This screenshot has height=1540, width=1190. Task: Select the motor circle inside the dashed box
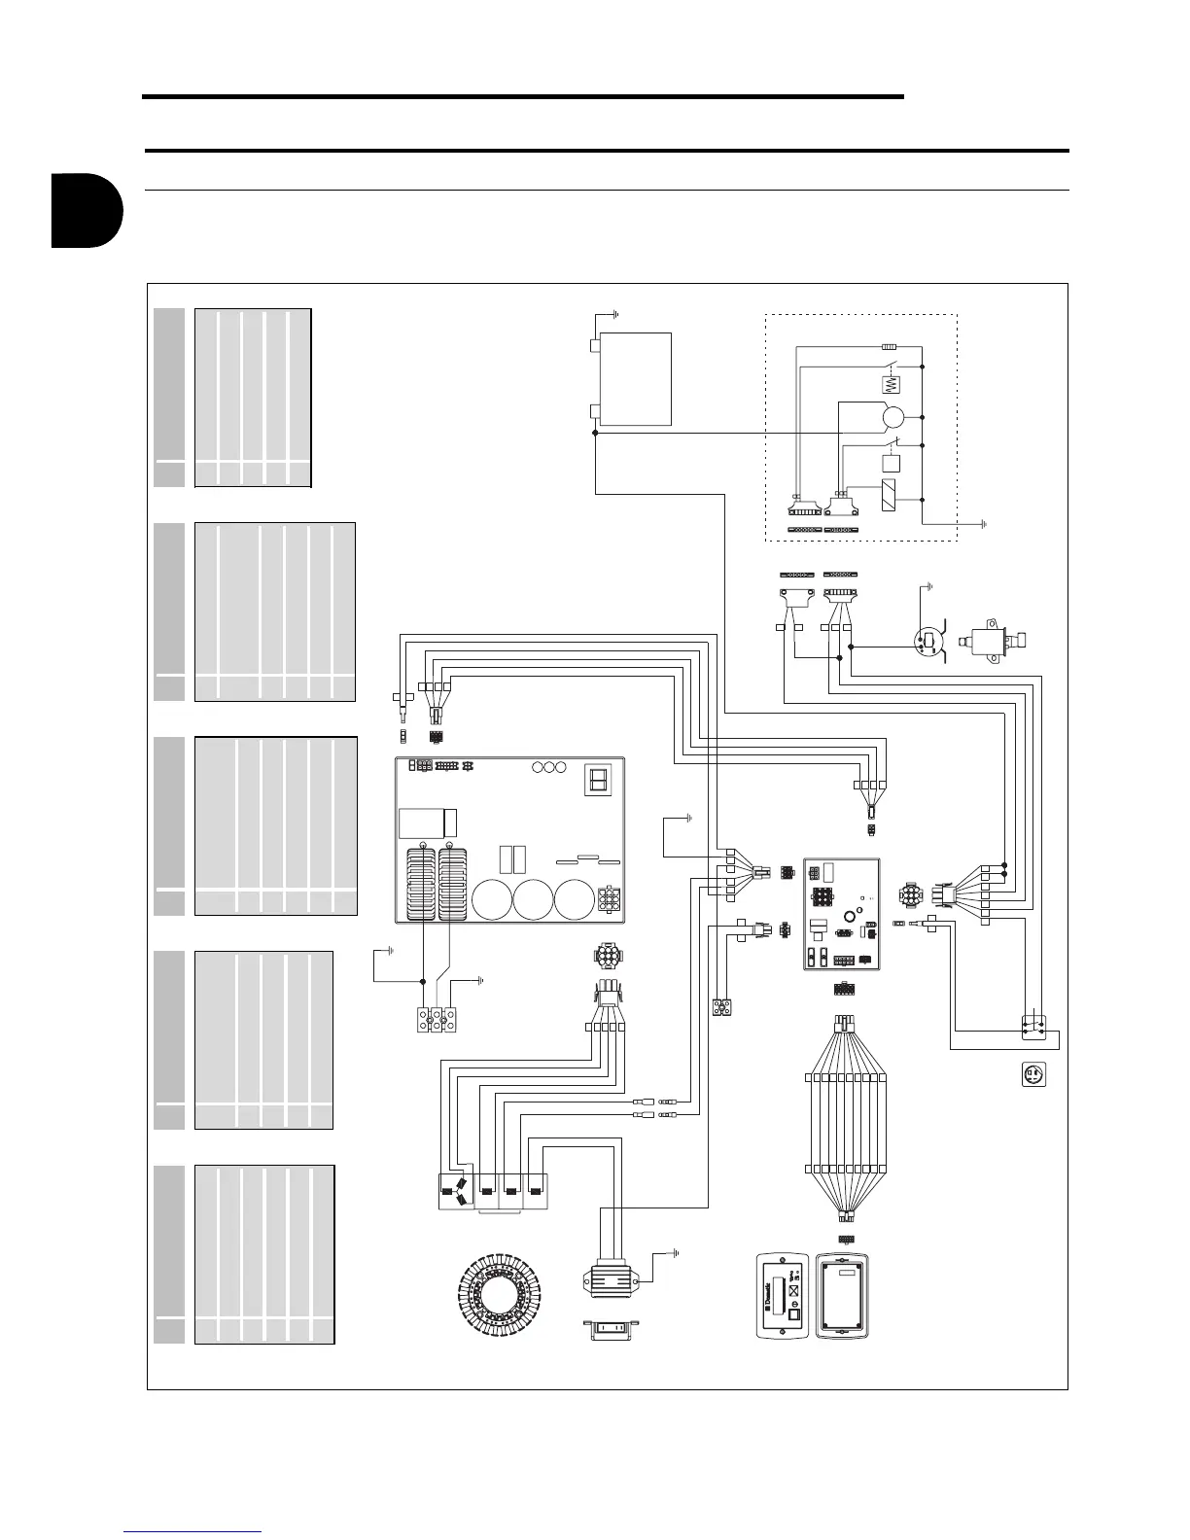[x=892, y=418]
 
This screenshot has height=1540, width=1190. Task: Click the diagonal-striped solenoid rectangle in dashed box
[x=889, y=496]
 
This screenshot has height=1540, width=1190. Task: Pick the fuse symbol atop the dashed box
[x=889, y=346]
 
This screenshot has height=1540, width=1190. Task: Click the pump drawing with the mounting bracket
[x=993, y=641]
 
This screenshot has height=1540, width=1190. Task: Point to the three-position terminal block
[x=437, y=1020]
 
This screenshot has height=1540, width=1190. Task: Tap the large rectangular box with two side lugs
[x=635, y=378]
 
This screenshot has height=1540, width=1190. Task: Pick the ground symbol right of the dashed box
[x=985, y=523]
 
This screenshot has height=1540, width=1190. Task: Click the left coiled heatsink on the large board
[x=421, y=883]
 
